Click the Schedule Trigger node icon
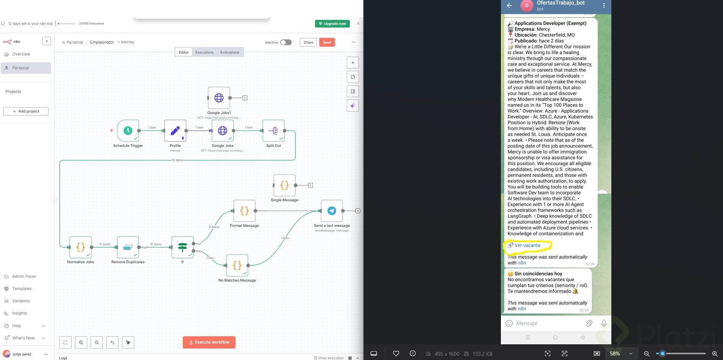[128, 130]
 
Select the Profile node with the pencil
[175, 130]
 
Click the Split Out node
[273, 130]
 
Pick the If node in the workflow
[182, 247]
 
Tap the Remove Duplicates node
[128, 247]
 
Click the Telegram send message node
[331, 211]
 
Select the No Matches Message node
[237, 266]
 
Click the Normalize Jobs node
[80, 247]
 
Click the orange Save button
[327, 42]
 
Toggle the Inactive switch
[286, 42]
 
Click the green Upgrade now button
[332, 24]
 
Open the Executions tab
[204, 52]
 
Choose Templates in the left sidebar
[22, 289]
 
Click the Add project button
[26, 111]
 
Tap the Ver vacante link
[527, 246]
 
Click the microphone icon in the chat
[604, 323]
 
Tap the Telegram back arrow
[509, 5]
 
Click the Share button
[308, 42]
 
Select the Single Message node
[284, 186]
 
